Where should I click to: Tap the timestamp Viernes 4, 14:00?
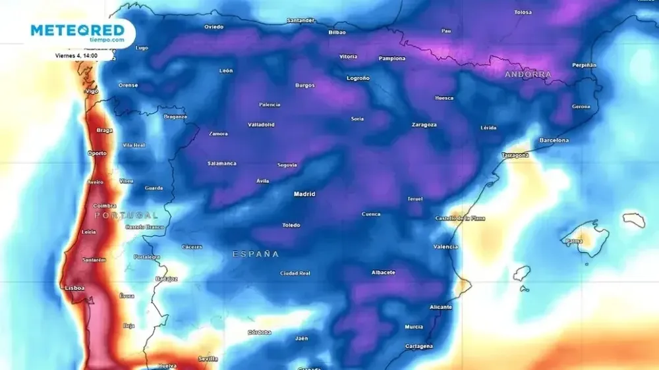[x=77, y=55]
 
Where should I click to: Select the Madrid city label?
[x=304, y=194]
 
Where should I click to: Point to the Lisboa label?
[x=74, y=288]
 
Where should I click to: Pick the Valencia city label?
[x=445, y=247]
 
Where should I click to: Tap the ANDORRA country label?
[x=528, y=75]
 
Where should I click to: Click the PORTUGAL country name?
[x=126, y=215]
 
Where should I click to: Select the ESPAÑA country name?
[x=256, y=254]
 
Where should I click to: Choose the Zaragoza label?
[x=424, y=124]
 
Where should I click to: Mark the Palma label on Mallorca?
[x=574, y=241]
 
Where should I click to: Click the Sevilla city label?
[x=208, y=359]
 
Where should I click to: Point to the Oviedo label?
[x=214, y=27]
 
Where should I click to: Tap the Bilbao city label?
[x=337, y=32]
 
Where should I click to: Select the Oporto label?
[x=97, y=153]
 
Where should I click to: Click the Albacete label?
[x=383, y=273]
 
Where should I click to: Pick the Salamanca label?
[x=221, y=163]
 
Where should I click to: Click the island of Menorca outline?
[x=634, y=220]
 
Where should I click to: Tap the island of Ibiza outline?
[x=522, y=273]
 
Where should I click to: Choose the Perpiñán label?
[x=584, y=65]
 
